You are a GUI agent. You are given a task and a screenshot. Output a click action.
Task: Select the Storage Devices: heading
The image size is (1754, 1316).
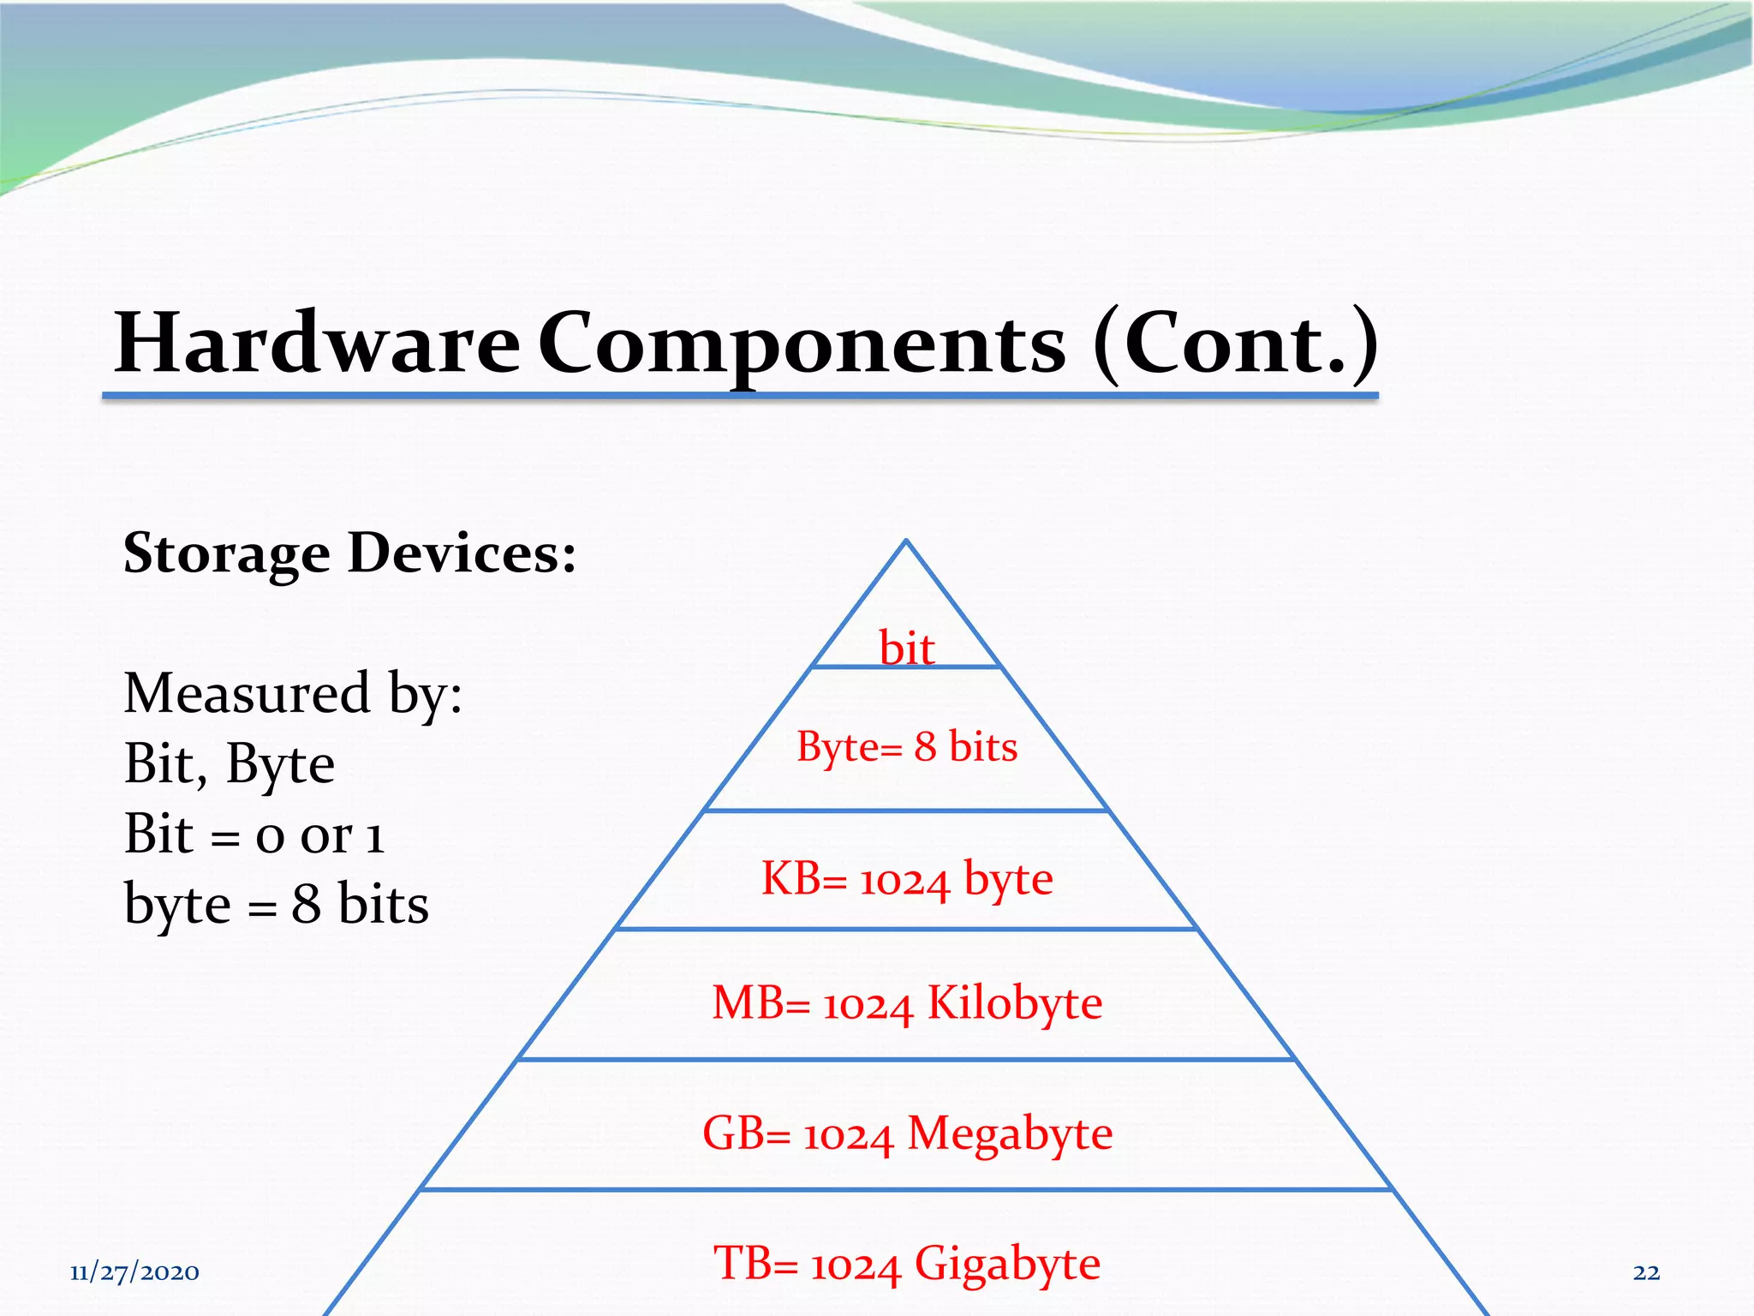pyautogui.click(x=349, y=553)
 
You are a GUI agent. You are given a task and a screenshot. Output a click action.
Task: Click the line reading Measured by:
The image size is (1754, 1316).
pyautogui.click(x=293, y=693)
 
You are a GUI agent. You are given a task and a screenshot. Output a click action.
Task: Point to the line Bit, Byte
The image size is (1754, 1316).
pyautogui.click(x=229, y=763)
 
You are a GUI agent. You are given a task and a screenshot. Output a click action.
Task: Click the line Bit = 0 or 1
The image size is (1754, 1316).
pyautogui.click(x=254, y=834)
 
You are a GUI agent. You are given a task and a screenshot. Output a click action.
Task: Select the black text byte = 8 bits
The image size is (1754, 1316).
pyautogui.click(x=276, y=904)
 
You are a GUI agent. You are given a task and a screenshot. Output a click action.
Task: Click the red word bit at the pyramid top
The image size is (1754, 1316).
pyautogui.click(x=906, y=649)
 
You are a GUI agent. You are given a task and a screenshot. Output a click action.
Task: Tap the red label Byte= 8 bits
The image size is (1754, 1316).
pyautogui.click(x=907, y=746)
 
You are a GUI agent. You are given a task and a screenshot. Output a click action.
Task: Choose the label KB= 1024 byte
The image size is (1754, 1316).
pyautogui.click(x=907, y=879)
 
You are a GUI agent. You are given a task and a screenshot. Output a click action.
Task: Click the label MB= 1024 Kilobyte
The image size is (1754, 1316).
pyautogui.click(x=907, y=1003)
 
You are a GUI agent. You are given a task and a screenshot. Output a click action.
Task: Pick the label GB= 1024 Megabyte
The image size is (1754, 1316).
pyautogui.click(x=907, y=1134)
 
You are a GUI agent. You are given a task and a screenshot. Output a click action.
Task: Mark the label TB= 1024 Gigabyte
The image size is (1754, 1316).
pyautogui.click(x=907, y=1264)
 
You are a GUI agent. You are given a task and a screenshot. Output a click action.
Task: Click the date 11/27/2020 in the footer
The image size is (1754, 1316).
pyautogui.click(x=134, y=1272)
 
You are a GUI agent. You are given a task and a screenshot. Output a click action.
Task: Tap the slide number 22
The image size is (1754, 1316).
pyautogui.click(x=1646, y=1272)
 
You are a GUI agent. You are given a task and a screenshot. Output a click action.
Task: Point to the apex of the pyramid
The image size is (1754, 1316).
pyautogui.click(x=906, y=541)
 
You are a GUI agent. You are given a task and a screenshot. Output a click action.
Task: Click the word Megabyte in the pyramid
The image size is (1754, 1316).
pyautogui.click(x=1010, y=1134)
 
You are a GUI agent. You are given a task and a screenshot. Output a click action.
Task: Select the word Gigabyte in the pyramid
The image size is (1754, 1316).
pyautogui.click(x=1007, y=1264)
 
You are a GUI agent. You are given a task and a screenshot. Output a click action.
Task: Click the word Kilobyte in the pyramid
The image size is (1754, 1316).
pyautogui.click(x=1015, y=1003)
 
